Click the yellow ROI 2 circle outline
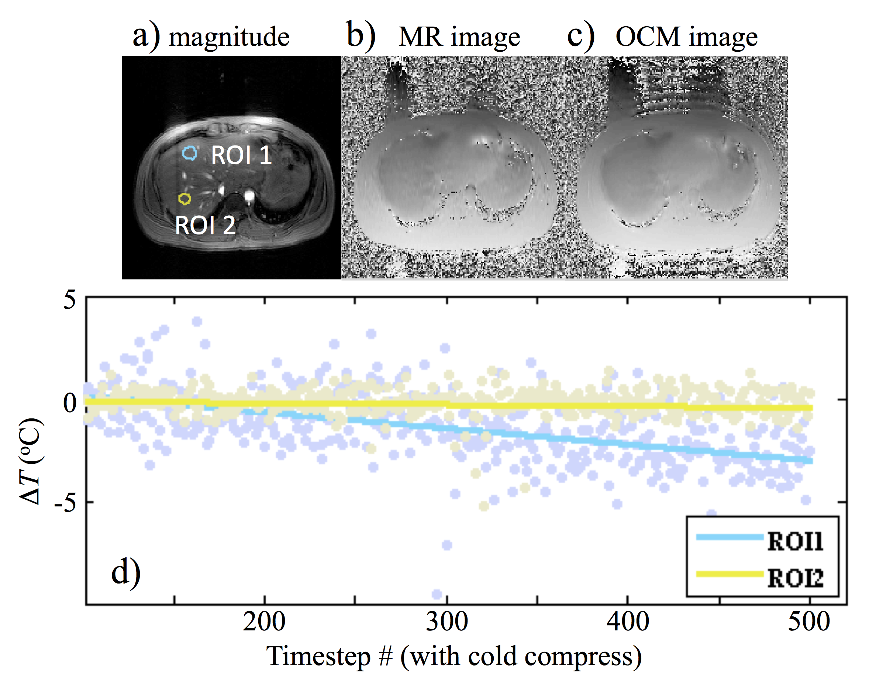(185, 199)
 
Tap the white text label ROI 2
(205, 225)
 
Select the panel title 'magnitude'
(229, 37)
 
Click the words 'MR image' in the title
(459, 37)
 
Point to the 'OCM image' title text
(686, 37)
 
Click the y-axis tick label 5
(69, 300)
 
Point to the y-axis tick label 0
(70, 403)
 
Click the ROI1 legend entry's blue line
(729, 537)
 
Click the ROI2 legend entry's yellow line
(729, 574)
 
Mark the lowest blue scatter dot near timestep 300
(437, 595)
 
